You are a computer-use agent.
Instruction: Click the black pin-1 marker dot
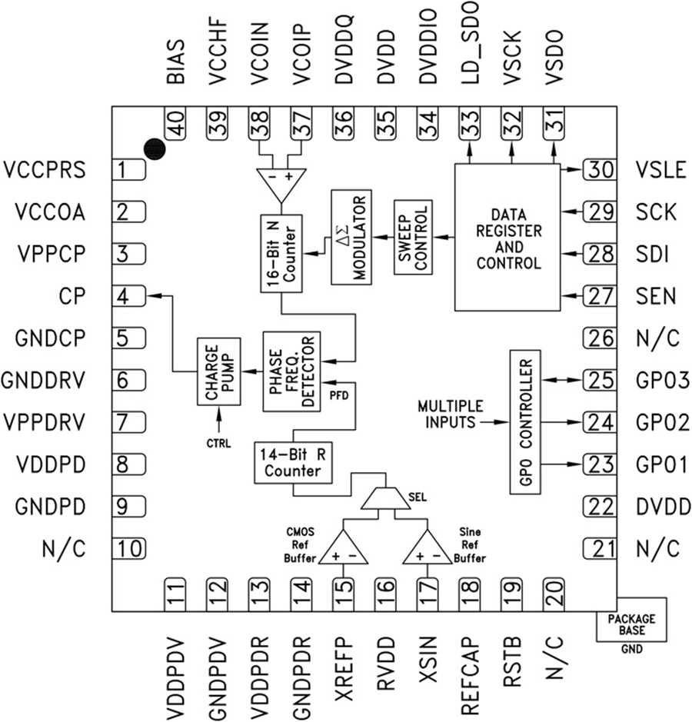point(155,149)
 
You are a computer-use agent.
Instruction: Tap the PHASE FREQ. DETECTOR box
point(292,371)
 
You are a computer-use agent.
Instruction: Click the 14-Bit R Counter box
point(293,462)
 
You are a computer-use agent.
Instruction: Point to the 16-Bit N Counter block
point(281,255)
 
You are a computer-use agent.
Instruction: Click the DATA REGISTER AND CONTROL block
point(508,238)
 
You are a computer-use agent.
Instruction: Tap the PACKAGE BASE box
point(630,624)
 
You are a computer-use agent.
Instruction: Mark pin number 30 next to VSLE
point(597,169)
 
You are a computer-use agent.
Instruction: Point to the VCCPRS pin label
point(45,169)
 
